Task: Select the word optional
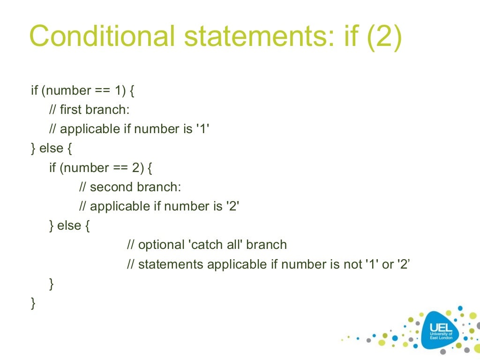[x=162, y=245]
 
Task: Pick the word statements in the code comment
[x=171, y=264]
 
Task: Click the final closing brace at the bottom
[x=33, y=303]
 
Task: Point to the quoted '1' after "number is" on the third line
[x=202, y=129]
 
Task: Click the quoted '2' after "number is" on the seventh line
[x=232, y=206]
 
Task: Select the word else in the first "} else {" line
[x=51, y=149]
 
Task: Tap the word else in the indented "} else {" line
[x=69, y=225]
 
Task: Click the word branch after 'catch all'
[x=266, y=245]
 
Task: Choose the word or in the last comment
[x=388, y=264]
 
